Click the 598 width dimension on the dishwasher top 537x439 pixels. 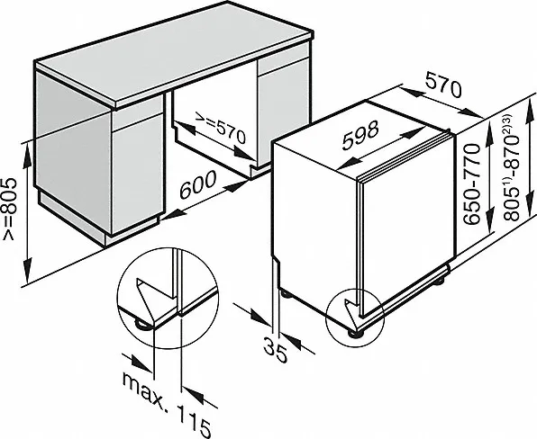coord(360,136)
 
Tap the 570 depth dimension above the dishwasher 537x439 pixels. coord(444,85)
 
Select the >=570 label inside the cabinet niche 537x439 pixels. coord(220,128)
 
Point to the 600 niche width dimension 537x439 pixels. coord(198,184)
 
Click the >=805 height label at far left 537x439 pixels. coord(9,209)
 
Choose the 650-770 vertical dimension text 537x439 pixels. coord(472,184)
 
